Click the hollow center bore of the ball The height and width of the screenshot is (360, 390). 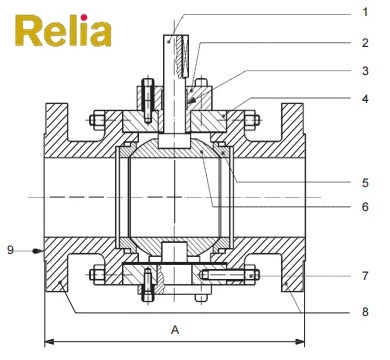click(x=175, y=196)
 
